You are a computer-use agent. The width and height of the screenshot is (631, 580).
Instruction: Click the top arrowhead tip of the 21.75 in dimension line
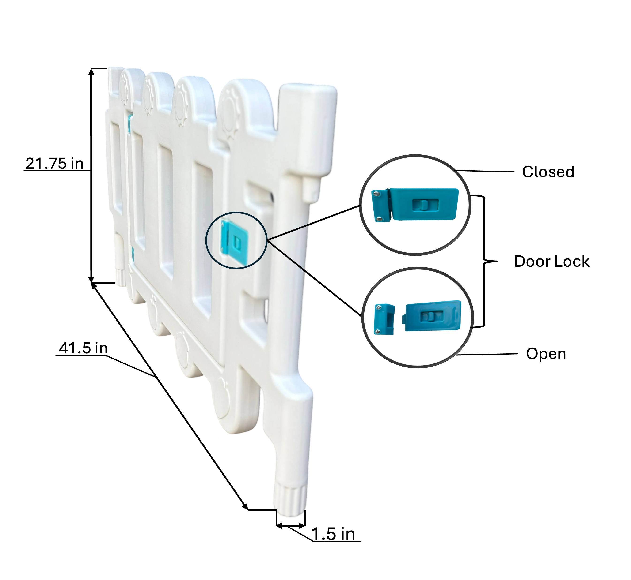pos(91,69)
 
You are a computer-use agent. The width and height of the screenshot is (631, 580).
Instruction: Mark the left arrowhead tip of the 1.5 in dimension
pos(276,525)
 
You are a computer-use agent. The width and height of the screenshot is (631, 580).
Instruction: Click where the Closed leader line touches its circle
pos(455,170)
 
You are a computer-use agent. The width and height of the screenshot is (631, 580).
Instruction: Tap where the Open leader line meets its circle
pos(456,355)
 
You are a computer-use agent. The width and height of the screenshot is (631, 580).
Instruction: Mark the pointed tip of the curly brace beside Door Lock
pos(498,261)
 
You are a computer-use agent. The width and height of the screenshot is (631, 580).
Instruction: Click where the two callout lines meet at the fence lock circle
pos(267,240)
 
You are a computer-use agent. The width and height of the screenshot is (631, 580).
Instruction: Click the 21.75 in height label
pos(54,164)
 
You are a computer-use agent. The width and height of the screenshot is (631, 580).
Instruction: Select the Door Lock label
pos(552,262)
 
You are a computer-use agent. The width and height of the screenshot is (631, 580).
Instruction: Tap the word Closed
pos(548,172)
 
